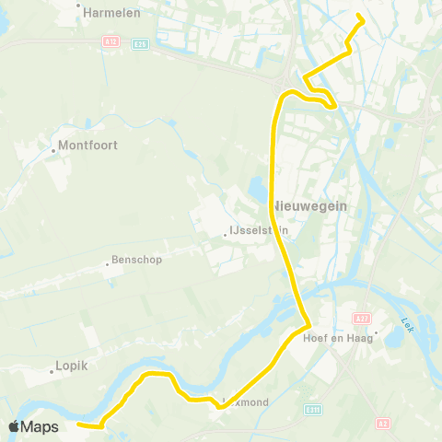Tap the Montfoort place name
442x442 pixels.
(88, 145)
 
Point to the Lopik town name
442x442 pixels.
(72, 365)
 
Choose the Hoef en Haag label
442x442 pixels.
(338, 337)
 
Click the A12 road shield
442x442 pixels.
(110, 41)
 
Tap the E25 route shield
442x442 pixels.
(140, 43)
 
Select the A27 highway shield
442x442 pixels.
(362, 319)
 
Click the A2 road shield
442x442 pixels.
(383, 424)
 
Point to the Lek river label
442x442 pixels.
(408, 325)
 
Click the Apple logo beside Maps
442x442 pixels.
(14, 427)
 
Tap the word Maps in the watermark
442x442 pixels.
(40, 427)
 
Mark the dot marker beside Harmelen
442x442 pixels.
(79, 4)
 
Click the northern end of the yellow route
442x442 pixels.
(358, 18)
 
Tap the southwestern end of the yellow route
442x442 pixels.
(78, 425)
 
